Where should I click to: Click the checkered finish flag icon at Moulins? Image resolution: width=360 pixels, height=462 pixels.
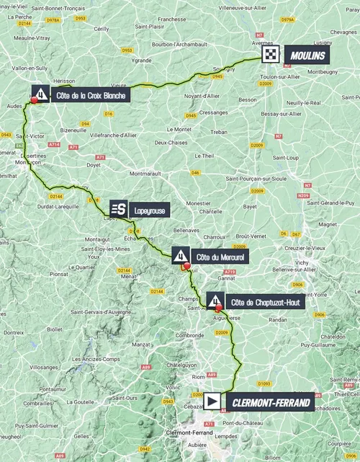pyautogui.click(x=271, y=55)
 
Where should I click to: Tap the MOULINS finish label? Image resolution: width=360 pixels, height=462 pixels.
pyautogui.click(x=306, y=55)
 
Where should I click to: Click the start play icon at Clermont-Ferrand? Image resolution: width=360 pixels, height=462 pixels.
pyautogui.click(x=213, y=401)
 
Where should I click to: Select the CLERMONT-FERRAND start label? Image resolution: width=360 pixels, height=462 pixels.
pyautogui.click(x=270, y=401)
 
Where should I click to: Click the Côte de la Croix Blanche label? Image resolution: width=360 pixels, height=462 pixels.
pyautogui.click(x=90, y=94)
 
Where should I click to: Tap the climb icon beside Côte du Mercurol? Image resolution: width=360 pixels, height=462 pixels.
pyautogui.click(x=181, y=254)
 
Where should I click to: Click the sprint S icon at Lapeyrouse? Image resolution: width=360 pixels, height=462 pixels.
pyautogui.click(x=119, y=209)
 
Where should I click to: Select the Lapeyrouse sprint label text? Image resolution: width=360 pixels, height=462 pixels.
pyautogui.click(x=150, y=209)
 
